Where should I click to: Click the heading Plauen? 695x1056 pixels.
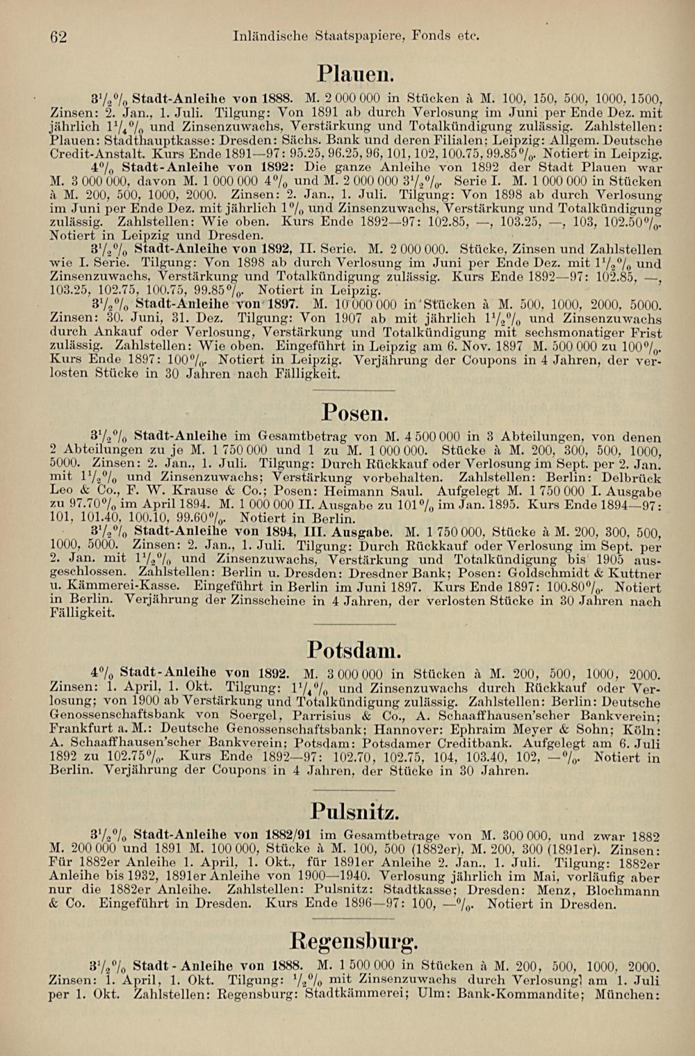pos(357,73)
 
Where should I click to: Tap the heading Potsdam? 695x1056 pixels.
pos(354,650)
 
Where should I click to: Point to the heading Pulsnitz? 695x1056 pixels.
pos(354,811)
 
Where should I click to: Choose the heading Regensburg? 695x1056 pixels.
pos(354,942)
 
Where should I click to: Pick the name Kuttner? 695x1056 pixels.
pos(632,574)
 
